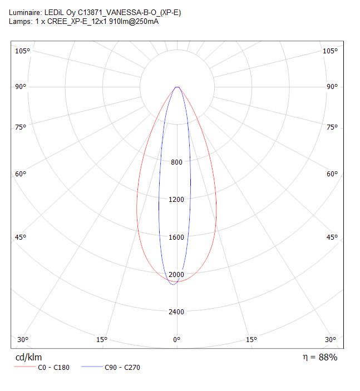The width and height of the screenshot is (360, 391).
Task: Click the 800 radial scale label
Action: pos(176,162)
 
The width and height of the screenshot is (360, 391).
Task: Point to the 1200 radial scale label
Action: pos(176,200)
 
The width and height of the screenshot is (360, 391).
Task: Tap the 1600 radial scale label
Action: pos(176,237)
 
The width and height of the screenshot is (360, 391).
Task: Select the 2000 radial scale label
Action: pos(176,275)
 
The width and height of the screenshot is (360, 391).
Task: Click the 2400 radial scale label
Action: pos(176,311)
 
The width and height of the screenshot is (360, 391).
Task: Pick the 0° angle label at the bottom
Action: pos(176,340)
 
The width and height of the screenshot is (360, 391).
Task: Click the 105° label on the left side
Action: pos(22,51)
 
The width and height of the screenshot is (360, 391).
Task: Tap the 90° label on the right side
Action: pos(332,87)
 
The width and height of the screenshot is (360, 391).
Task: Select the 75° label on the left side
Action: pos(21,127)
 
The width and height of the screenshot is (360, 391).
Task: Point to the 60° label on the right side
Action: pos(332,174)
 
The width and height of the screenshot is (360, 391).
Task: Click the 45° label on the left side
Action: pos(21,237)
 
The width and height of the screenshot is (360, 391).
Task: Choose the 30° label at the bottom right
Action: pos(331,340)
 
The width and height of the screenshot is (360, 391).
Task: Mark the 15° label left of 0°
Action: pos(102,340)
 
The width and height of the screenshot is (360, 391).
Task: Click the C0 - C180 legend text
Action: pos(53,368)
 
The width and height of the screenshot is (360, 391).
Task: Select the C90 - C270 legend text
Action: pos(122,368)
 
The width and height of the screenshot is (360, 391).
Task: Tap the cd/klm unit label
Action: pos(28,357)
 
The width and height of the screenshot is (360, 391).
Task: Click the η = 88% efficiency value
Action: pos(320,357)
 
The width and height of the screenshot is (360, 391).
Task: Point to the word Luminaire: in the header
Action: pos(26,12)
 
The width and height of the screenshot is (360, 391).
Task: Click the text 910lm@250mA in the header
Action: pos(134,22)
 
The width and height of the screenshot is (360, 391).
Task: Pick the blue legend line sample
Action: pos(92,367)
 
